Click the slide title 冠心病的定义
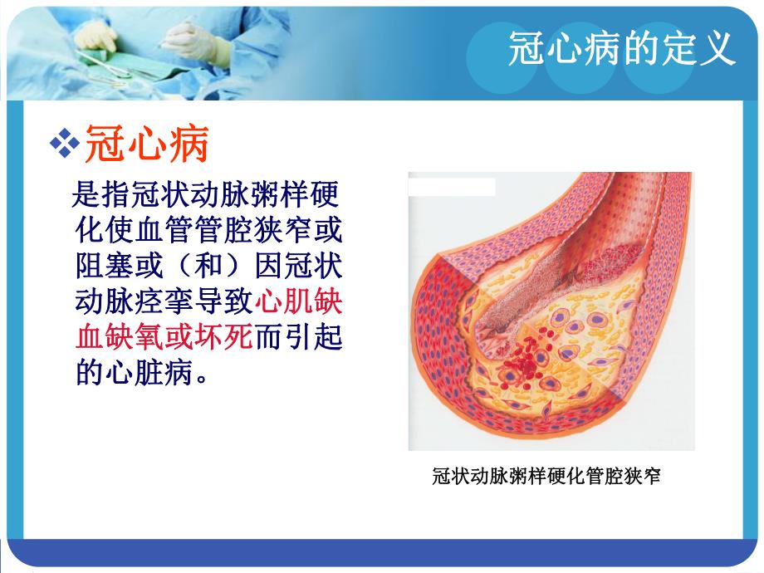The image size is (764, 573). tap(623, 49)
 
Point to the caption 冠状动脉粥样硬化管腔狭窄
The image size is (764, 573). tap(547, 477)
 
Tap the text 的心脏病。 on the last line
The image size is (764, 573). tap(140, 372)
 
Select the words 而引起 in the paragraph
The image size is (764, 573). tap(298, 337)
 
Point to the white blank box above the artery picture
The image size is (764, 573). tap(453, 187)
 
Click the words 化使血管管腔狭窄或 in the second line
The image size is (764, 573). tap(208, 230)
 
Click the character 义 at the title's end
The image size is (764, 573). tap(719, 49)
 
